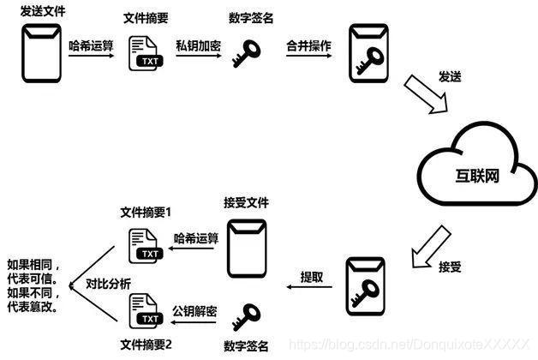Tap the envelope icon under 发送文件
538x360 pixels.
[x=42, y=53]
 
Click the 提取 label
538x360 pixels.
[x=312, y=277]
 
